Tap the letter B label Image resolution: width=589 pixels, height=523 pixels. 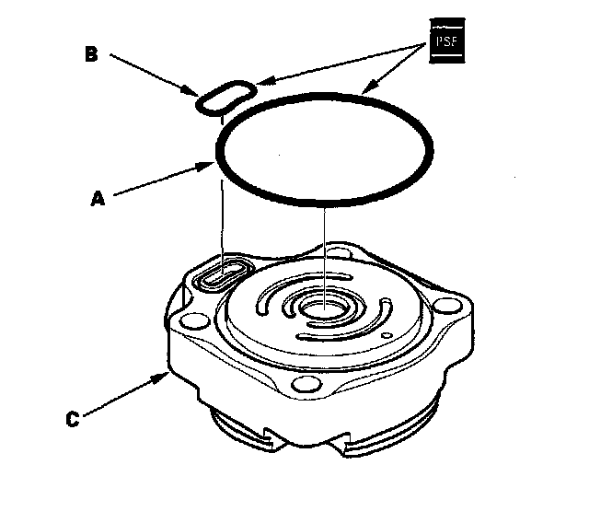pos(91,53)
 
